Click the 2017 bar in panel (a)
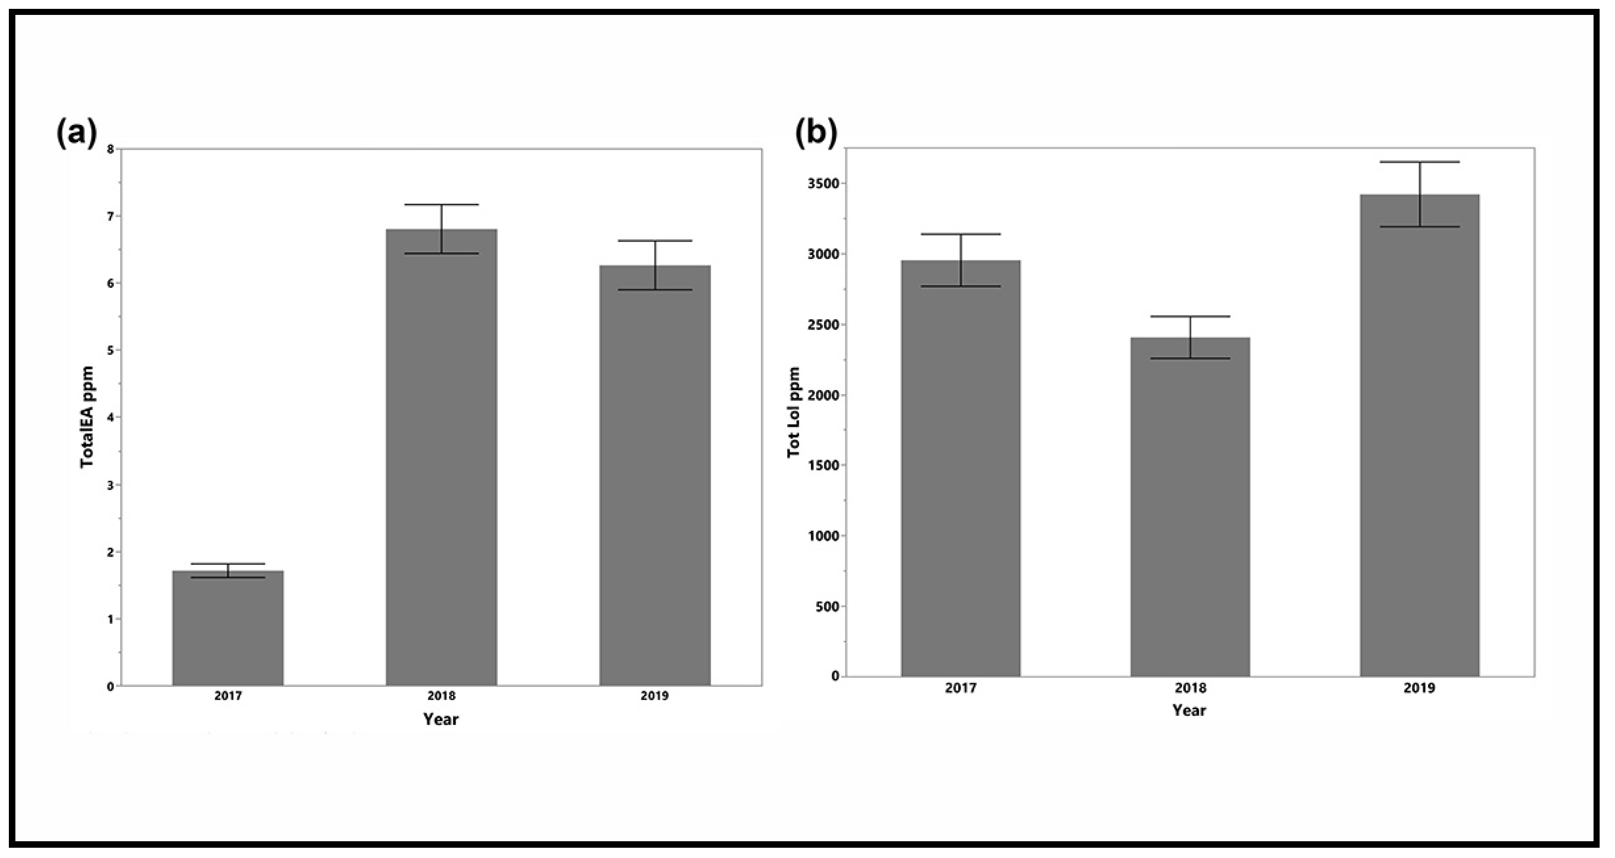coord(228,628)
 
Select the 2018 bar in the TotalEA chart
coord(441,457)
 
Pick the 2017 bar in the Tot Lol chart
coord(961,468)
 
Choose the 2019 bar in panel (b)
coord(1420,436)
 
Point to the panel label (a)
coord(77,133)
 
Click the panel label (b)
coord(815,133)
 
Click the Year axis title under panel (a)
coord(441,719)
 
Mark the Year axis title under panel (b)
coord(1189,710)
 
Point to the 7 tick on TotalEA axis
coord(111,216)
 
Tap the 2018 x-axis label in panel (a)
coord(441,696)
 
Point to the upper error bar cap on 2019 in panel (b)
coord(1420,162)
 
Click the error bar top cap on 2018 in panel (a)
coord(441,205)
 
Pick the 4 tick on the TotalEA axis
coord(111,417)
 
